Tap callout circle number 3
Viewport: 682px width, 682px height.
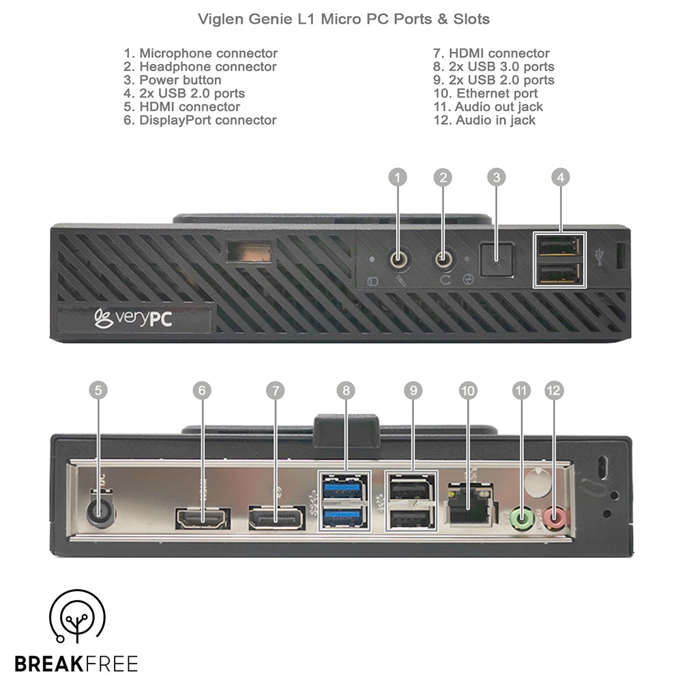[496, 177]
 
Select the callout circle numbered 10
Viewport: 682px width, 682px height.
[468, 390]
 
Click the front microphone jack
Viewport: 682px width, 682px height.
[398, 259]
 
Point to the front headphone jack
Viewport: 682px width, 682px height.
[444, 259]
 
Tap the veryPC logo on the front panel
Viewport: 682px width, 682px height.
[133, 318]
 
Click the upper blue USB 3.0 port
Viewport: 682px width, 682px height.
[343, 489]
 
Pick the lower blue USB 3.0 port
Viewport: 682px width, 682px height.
[343, 516]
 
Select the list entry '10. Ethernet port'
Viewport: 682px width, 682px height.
[486, 93]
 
